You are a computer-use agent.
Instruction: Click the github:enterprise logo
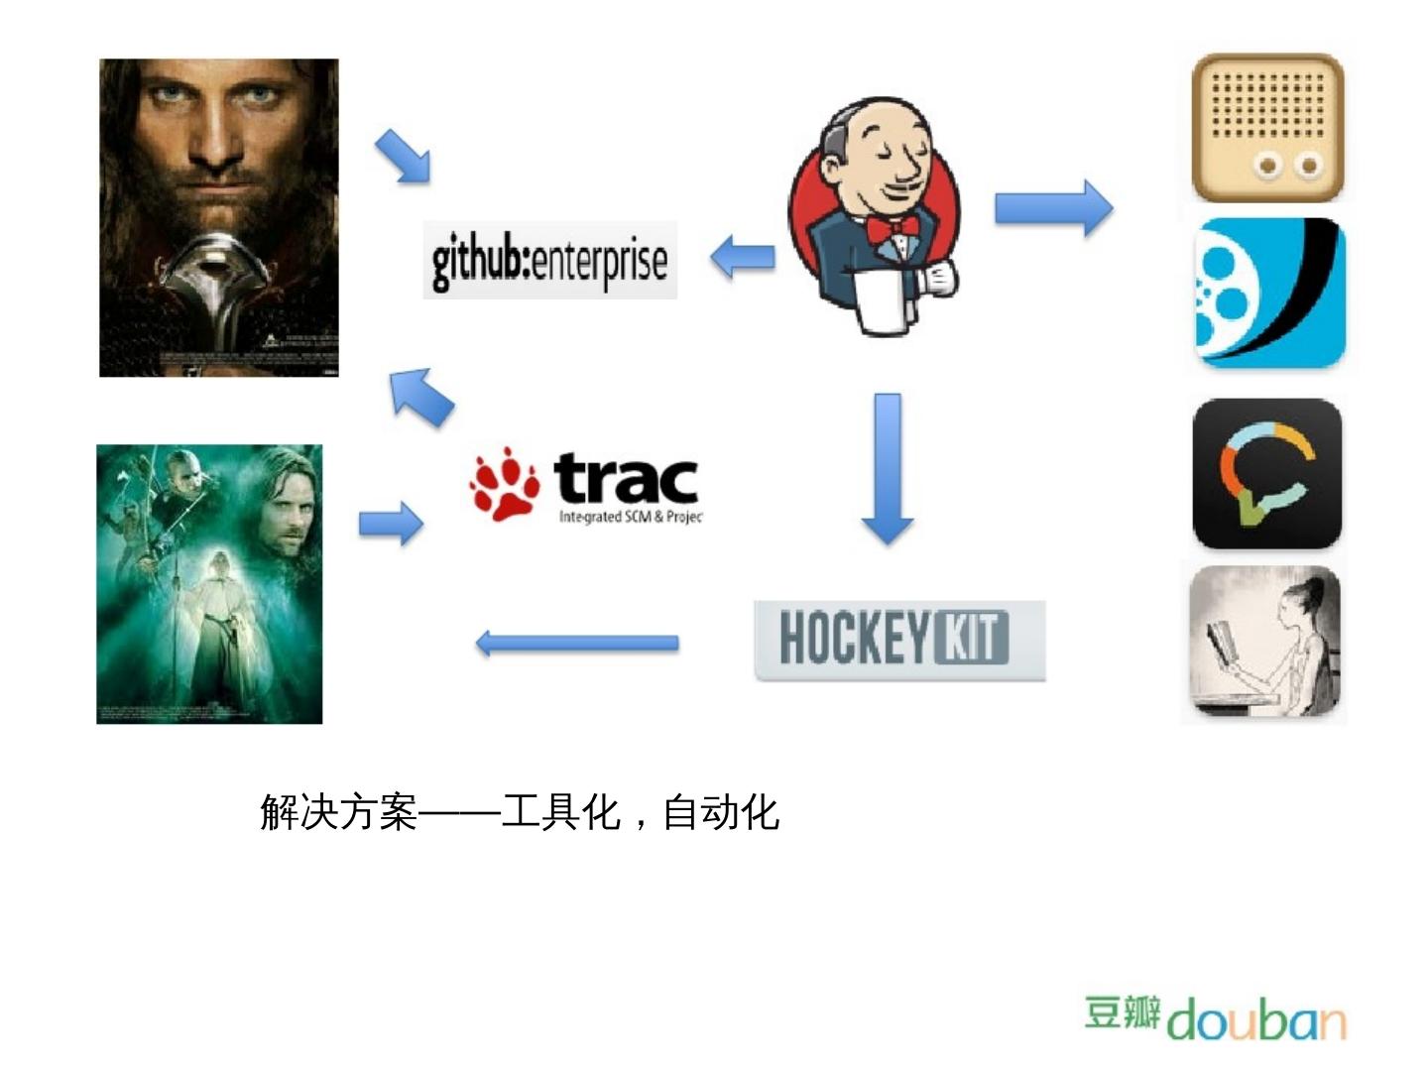click(x=549, y=260)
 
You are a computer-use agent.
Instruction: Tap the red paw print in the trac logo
click(x=504, y=485)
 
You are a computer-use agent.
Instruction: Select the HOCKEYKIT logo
click(x=898, y=640)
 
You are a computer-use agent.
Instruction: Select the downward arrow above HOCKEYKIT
click(x=888, y=469)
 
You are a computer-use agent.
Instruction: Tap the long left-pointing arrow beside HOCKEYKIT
click(x=577, y=643)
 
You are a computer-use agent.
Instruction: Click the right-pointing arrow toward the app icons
click(x=1053, y=208)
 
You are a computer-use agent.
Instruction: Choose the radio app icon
click(x=1267, y=128)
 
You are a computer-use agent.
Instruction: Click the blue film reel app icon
click(x=1269, y=294)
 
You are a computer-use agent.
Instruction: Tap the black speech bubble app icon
click(x=1266, y=474)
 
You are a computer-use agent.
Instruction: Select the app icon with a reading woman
click(x=1265, y=643)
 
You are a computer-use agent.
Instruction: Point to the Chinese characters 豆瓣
click(x=1122, y=1012)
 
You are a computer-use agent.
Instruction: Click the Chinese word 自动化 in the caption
click(x=721, y=812)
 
